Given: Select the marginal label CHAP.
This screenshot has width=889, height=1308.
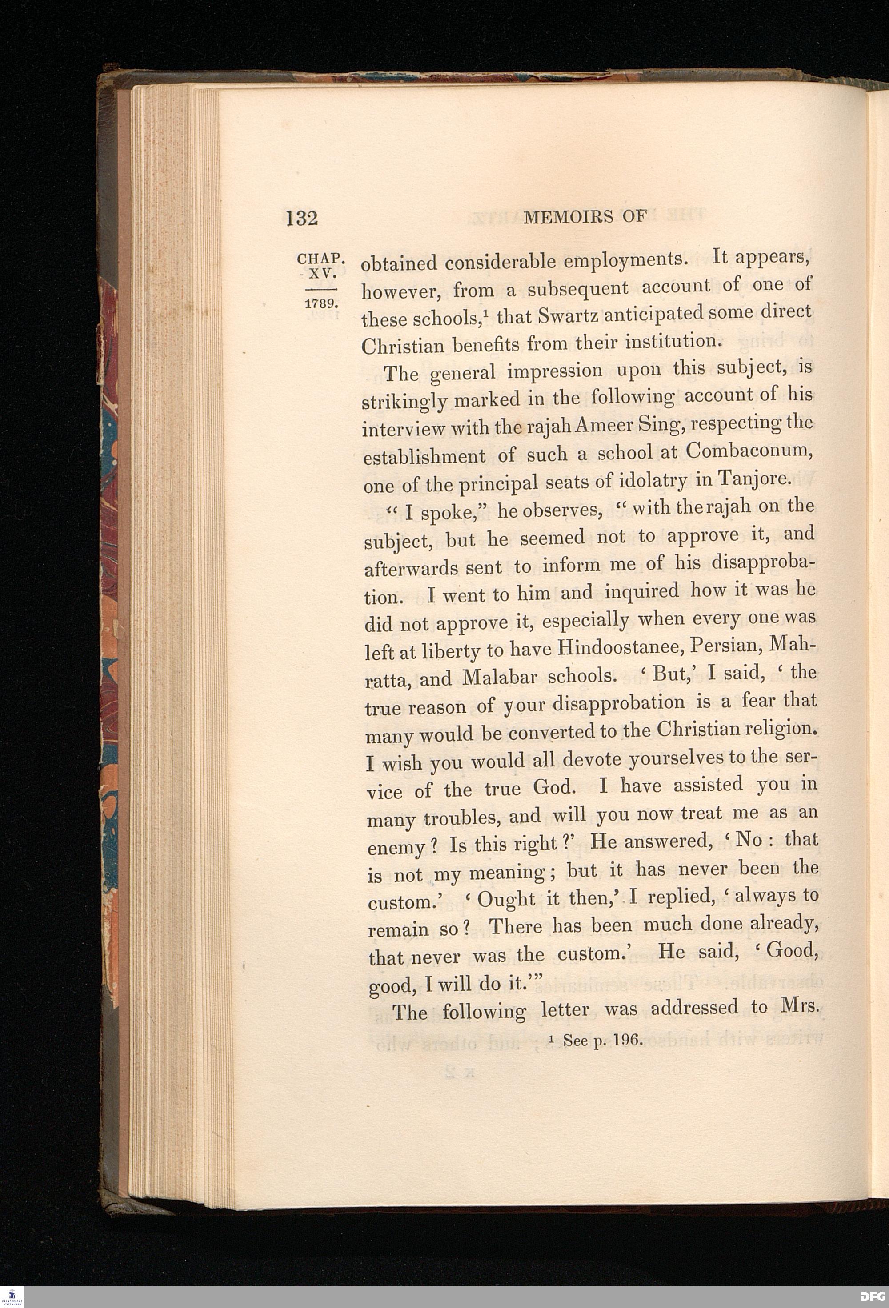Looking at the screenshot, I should (319, 260).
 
